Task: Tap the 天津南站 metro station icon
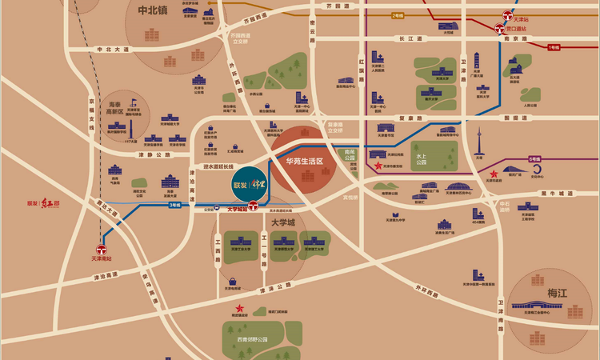(x=102, y=249)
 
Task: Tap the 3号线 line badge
(x=174, y=205)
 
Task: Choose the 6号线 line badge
(x=534, y=159)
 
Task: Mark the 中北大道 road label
(x=113, y=50)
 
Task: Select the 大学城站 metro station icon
(x=253, y=205)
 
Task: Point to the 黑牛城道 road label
(x=558, y=194)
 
